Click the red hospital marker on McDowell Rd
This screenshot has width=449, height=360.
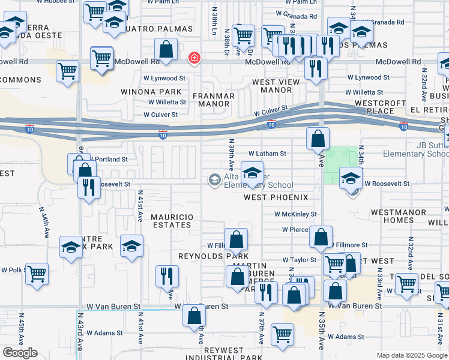pos(194,58)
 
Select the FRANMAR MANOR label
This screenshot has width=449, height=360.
pos(211,99)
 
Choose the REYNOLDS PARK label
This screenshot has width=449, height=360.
pos(205,256)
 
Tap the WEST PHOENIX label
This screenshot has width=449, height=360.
pos(276,197)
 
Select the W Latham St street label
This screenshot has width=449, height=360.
pos(267,154)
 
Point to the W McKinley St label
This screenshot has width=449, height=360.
pos(295,214)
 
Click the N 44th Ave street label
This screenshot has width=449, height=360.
pos(45,224)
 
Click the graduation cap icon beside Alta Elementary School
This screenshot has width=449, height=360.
pos(252,172)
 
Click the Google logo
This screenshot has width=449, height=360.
pos(20,353)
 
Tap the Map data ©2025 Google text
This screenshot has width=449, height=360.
pos(411,356)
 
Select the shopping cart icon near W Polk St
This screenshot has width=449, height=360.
pos(37,274)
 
